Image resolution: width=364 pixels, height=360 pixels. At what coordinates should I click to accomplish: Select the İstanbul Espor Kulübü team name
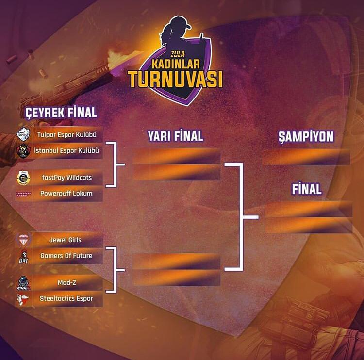click(x=66, y=151)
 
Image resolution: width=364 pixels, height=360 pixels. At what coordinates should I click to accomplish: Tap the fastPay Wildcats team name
click(x=66, y=178)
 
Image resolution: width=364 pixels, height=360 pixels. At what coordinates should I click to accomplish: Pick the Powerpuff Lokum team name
click(x=66, y=194)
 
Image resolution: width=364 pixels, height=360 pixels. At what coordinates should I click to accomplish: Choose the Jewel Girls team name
click(x=65, y=240)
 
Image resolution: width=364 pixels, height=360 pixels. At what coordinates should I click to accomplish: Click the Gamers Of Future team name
click(x=66, y=256)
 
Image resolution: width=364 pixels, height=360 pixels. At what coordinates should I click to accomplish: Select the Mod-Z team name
click(x=65, y=282)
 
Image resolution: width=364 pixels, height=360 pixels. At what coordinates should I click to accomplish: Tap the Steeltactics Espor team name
click(x=66, y=298)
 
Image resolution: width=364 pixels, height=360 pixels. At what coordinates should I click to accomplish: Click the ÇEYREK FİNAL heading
click(x=61, y=113)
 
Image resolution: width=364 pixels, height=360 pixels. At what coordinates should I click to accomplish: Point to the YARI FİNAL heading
click(x=175, y=136)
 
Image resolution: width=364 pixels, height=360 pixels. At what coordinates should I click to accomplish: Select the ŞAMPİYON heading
click(x=306, y=136)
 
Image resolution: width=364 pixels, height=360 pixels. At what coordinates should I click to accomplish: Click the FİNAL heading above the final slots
click(x=306, y=189)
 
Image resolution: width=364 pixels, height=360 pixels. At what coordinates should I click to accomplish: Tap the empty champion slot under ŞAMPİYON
click(x=306, y=157)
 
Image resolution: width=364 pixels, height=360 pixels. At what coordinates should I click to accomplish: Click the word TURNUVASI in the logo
click(x=175, y=79)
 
